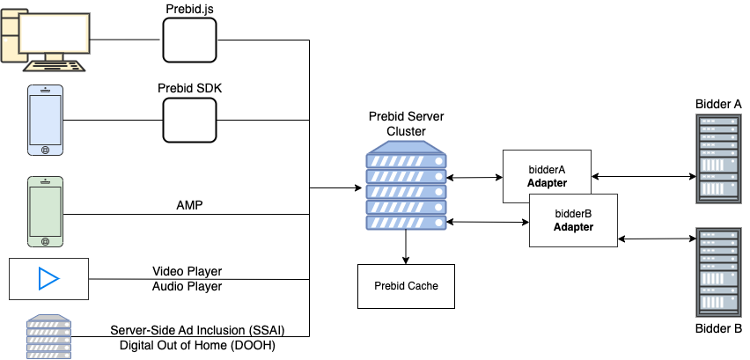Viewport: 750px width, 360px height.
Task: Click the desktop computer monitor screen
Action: (x=54, y=33)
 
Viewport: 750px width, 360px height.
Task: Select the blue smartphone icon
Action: (x=46, y=121)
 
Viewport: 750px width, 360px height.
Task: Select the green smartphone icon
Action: (x=46, y=212)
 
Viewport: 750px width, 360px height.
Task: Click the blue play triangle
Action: (x=48, y=279)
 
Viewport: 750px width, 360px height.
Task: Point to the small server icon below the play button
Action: (x=48, y=337)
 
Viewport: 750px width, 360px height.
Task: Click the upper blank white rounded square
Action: (x=189, y=40)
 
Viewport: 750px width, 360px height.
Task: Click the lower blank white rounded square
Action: (x=189, y=120)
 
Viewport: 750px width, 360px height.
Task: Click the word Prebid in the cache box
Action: (x=390, y=286)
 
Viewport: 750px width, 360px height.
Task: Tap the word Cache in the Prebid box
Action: (x=423, y=286)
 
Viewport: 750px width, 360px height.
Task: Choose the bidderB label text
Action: (x=573, y=214)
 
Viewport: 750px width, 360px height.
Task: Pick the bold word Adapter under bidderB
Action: (x=573, y=227)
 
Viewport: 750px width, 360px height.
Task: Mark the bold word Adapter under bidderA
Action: (x=547, y=184)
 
